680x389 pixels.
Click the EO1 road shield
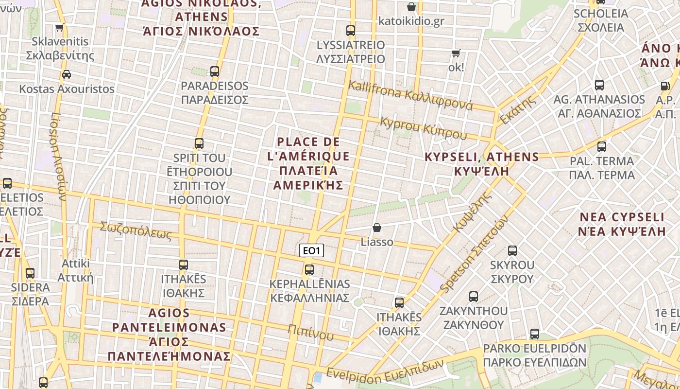coord(311,251)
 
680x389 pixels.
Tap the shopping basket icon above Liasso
coord(376,228)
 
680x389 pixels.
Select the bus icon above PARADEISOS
coord(215,71)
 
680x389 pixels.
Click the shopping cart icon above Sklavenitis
coord(59,28)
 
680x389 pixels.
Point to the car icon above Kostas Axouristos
coord(67,74)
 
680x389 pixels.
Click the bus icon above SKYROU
coord(512,251)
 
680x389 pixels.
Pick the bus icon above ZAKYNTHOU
coord(474,296)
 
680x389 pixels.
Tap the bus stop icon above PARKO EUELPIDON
coord(535,334)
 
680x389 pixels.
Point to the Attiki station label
coord(75,270)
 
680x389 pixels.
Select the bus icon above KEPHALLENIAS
coord(309,269)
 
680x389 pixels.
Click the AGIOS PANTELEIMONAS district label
coord(169,334)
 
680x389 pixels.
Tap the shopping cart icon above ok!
coord(456,53)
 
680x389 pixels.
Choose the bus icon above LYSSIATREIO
coord(351,31)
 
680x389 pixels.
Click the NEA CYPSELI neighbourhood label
coord(622,224)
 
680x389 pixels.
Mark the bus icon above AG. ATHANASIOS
coord(599,85)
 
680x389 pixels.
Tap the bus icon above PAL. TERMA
coord(602,146)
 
